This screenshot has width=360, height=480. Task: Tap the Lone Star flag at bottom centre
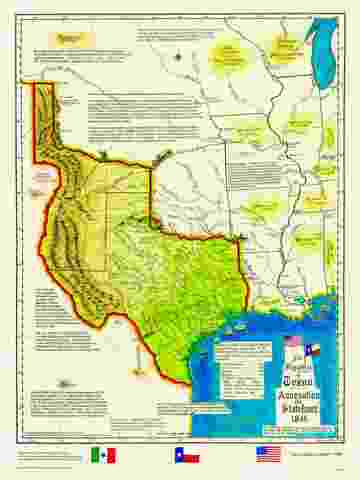click(187, 455)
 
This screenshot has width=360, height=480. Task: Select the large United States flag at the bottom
click(268, 454)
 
